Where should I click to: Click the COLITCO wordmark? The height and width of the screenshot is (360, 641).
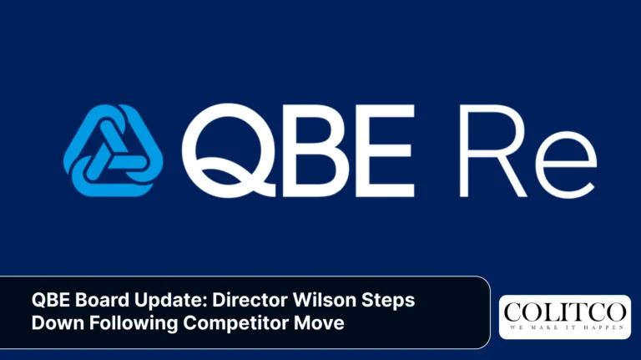coord(564,312)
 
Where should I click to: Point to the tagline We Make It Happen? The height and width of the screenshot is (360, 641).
coord(564,328)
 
